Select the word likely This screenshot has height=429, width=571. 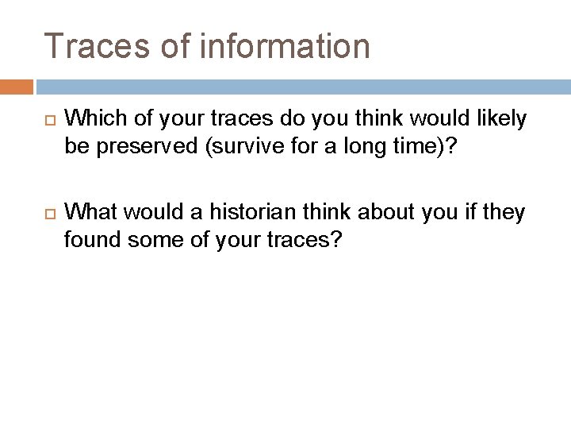tap(501, 119)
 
